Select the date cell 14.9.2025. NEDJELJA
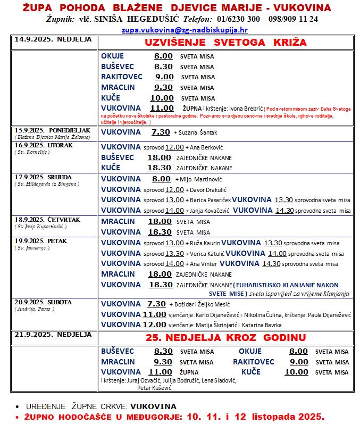click(53, 39)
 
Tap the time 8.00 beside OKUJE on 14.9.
click(163, 56)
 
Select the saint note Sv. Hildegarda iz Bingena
click(47, 184)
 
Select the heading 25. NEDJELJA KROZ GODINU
click(226, 337)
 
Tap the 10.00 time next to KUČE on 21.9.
click(296, 372)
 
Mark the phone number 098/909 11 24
click(292, 19)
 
